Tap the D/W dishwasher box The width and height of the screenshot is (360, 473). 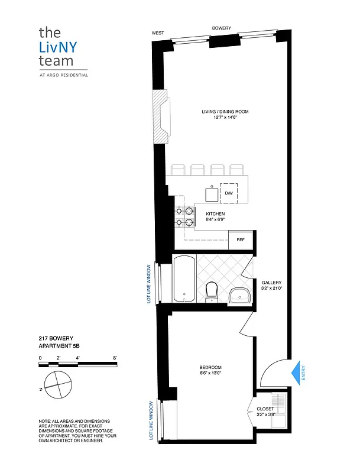pos(228,193)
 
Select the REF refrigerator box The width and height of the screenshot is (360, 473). pos(240,239)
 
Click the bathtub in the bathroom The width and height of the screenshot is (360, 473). pos(184,278)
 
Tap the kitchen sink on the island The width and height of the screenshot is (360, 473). pos(211,194)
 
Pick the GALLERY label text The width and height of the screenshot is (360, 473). pos(271,283)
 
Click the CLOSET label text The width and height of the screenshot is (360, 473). pos(265,409)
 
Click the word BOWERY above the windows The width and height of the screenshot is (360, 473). pos(222,28)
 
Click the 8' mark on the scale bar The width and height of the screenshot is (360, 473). pos(115,358)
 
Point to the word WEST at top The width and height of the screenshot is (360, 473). pos(158,33)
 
